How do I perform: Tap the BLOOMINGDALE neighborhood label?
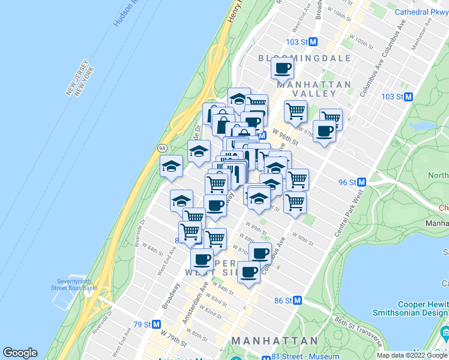[x=304, y=58]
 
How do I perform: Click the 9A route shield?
[x=162, y=148]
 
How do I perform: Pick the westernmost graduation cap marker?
[x=171, y=166]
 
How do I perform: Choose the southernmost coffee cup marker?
[x=249, y=272]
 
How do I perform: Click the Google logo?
[x=20, y=353]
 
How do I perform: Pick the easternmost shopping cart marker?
[x=330, y=118]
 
